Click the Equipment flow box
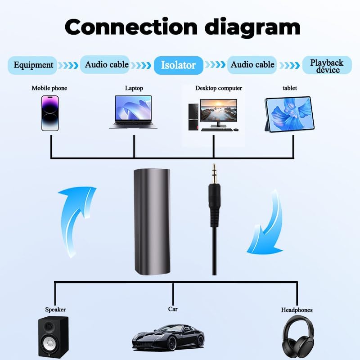pos(32,65)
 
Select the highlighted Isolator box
pos(178,65)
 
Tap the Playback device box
pos(327,65)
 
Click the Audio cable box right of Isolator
pos(252,65)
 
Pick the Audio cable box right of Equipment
pos(105,64)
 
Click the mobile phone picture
pos(50,113)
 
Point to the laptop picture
pos(133,112)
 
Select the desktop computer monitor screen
pos(218,110)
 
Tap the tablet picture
pos(289,115)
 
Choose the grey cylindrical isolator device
pos(152,222)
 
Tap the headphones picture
pos(298,337)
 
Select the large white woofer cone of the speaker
pos(50,343)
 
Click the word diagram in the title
pos(252,27)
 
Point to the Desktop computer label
pos(219,88)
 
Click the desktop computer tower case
pos(193,117)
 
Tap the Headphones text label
pos(297,310)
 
